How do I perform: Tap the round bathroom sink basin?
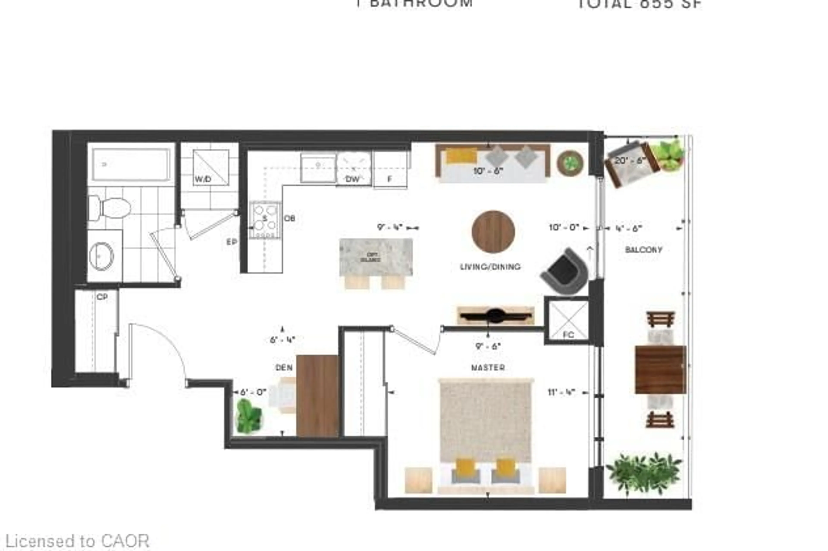(x=102, y=256)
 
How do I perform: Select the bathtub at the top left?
(x=131, y=164)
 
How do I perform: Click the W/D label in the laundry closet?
(x=203, y=179)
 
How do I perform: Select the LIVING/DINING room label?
(x=490, y=267)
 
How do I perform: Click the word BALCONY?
(x=643, y=250)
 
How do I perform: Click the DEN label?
(x=284, y=367)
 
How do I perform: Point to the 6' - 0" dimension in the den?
(x=253, y=392)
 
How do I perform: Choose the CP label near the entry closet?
(x=102, y=297)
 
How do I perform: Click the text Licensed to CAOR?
(x=78, y=541)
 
